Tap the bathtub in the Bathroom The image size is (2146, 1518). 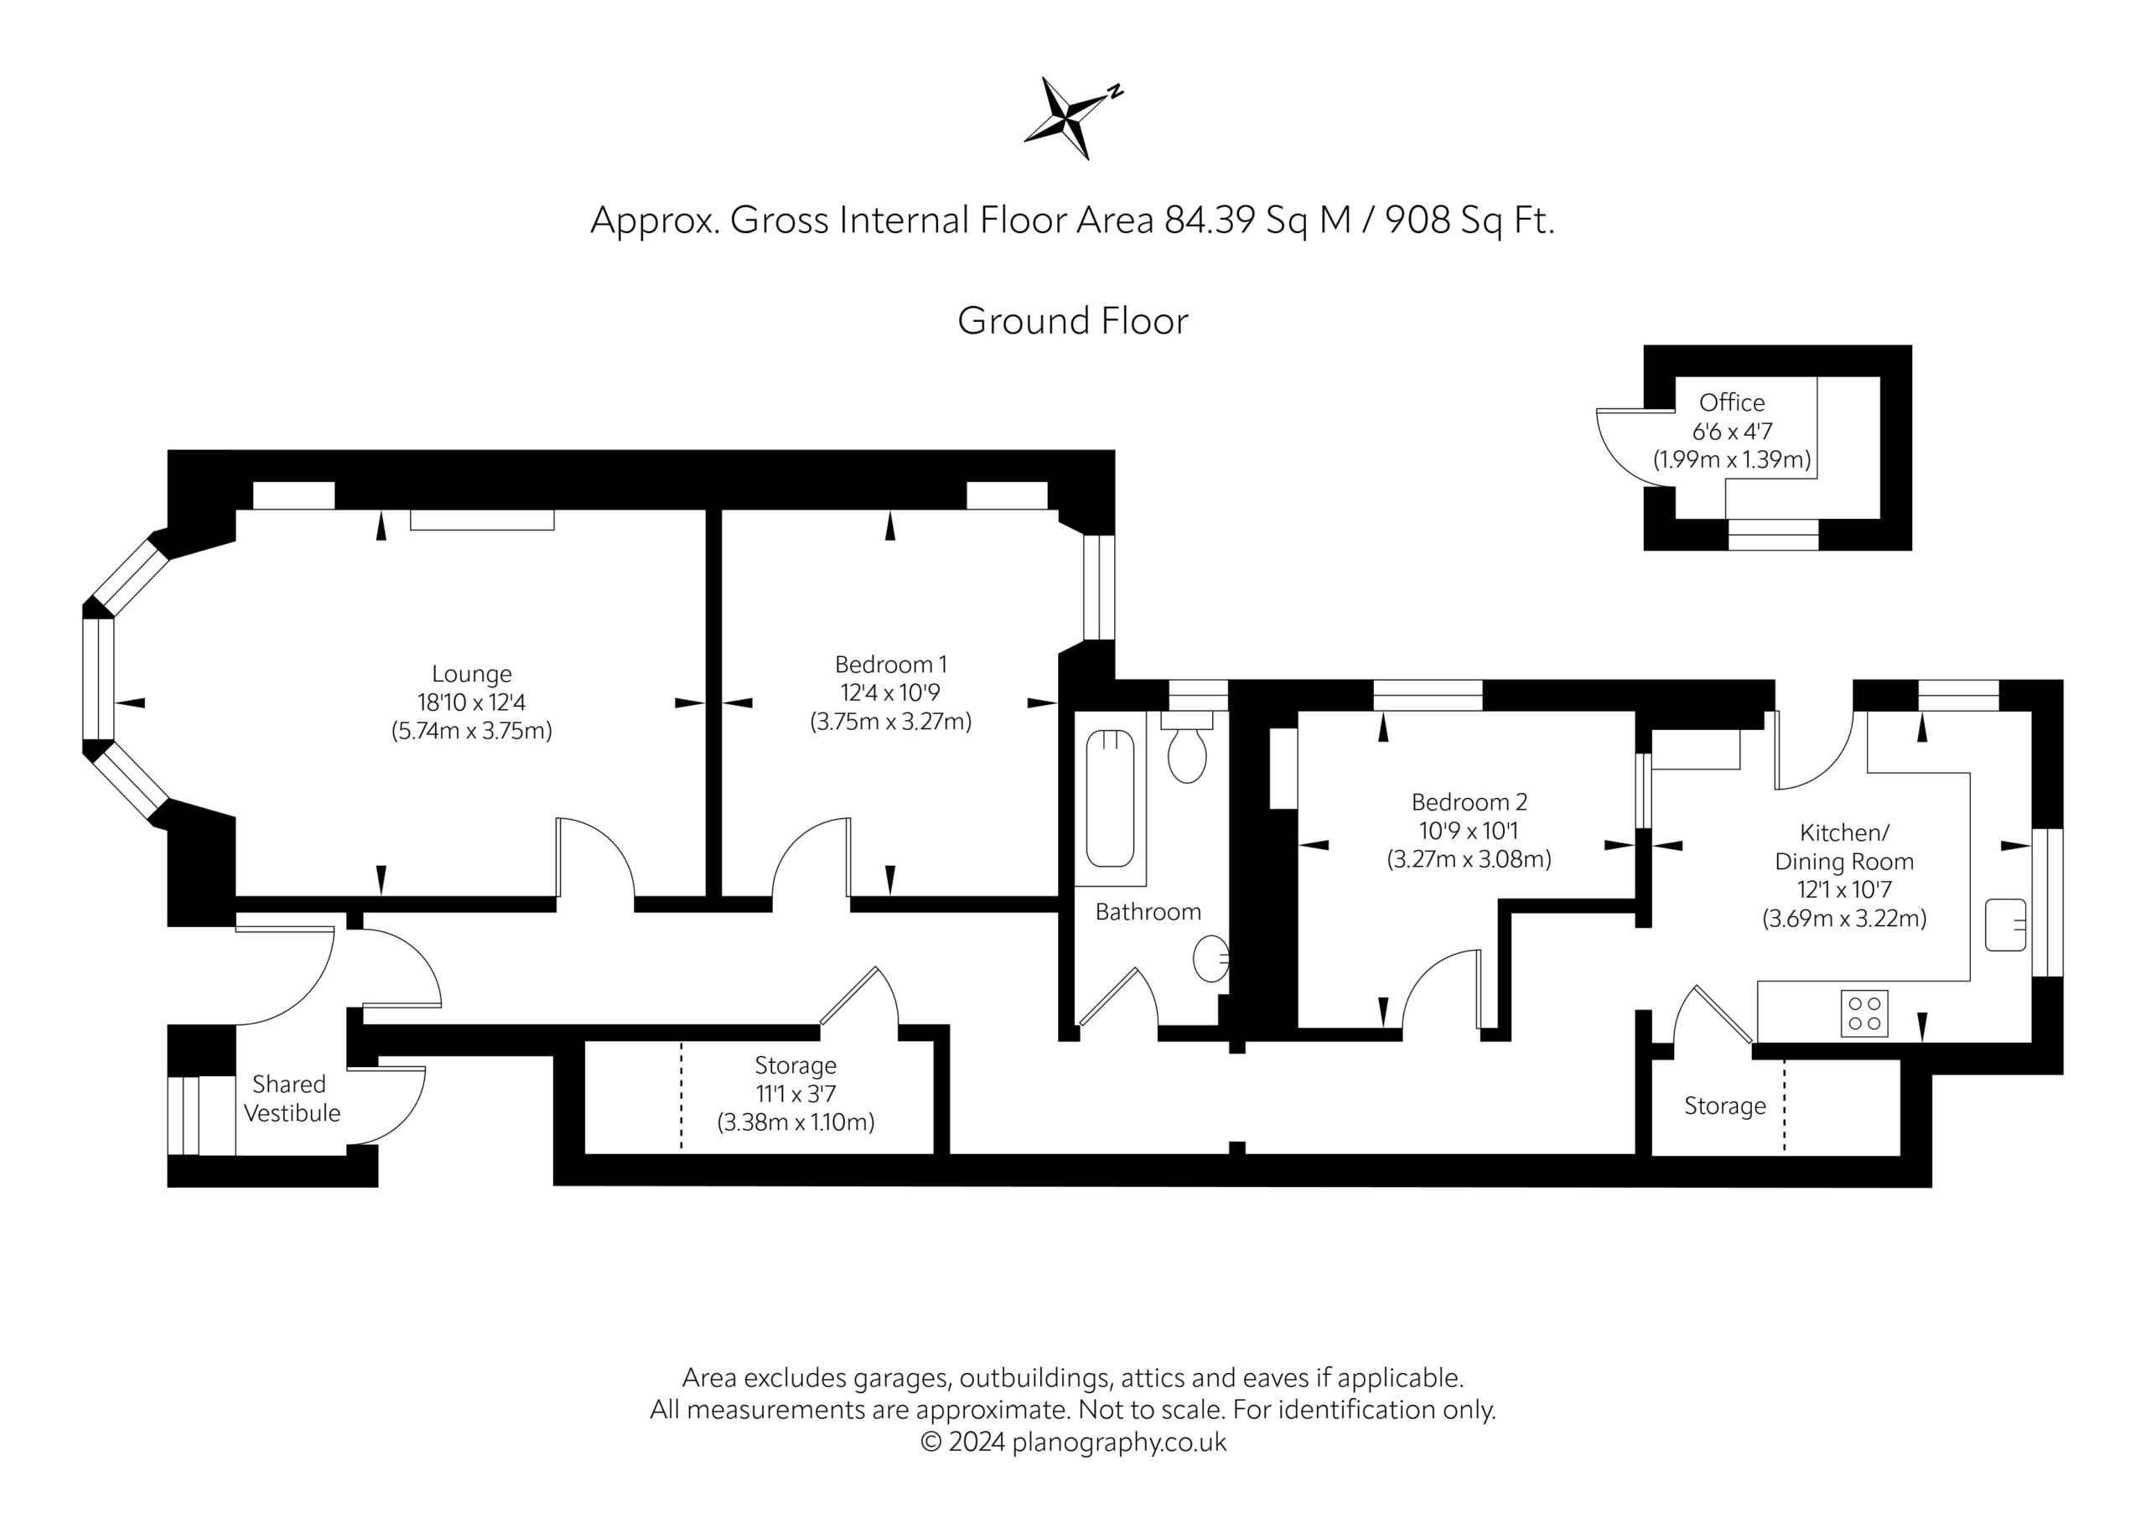pyautogui.click(x=1111, y=799)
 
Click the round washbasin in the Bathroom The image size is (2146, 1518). pyautogui.click(x=1211, y=958)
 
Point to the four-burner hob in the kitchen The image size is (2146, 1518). pyautogui.click(x=1863, y=1013)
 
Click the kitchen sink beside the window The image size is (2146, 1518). pyautogui.click(x=2006, y=925)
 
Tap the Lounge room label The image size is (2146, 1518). pyautogui.click(x=472, y=674)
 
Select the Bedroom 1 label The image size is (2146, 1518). pyautogui.click(x=891, y=665)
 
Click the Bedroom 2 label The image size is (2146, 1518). pyautogui.click(x=1470, y=802)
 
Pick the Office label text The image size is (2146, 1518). pyautogui.click(x=1732, y=403)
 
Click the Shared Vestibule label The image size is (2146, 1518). pyautogui.click(x=291, y=1098)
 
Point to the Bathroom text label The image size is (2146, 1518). pyautogui.click(x=1148, y=912)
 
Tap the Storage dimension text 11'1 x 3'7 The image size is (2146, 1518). pyautogui.click(x=796, y=1094)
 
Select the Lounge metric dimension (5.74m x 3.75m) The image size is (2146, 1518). pyautogui.click(x=472, y=731)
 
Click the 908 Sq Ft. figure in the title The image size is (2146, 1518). pyautogui.click(x=1470, y=220)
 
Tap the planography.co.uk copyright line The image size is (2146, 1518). pyautogui.click(x=1073, y=1443)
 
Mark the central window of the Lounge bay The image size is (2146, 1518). pyautogui.click(x=98, y=679)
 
